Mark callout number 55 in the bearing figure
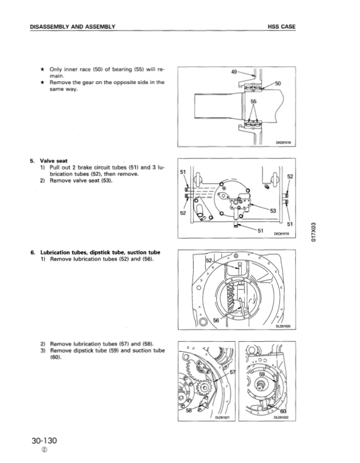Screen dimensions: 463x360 tap(253, 103)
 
